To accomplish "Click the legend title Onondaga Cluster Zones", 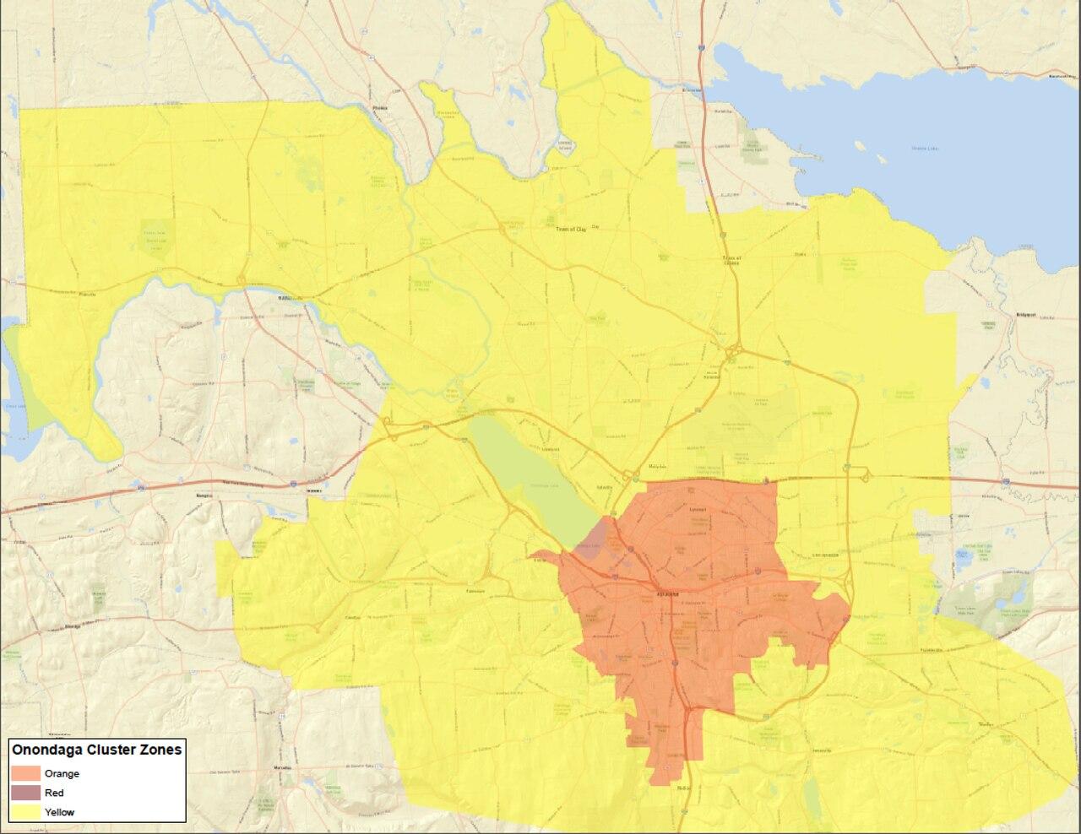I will (95, 750).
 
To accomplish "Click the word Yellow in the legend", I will (60, 812).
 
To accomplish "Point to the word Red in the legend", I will (53, 793).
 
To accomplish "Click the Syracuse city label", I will (667, 596).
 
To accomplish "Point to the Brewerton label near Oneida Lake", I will (693, 89).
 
